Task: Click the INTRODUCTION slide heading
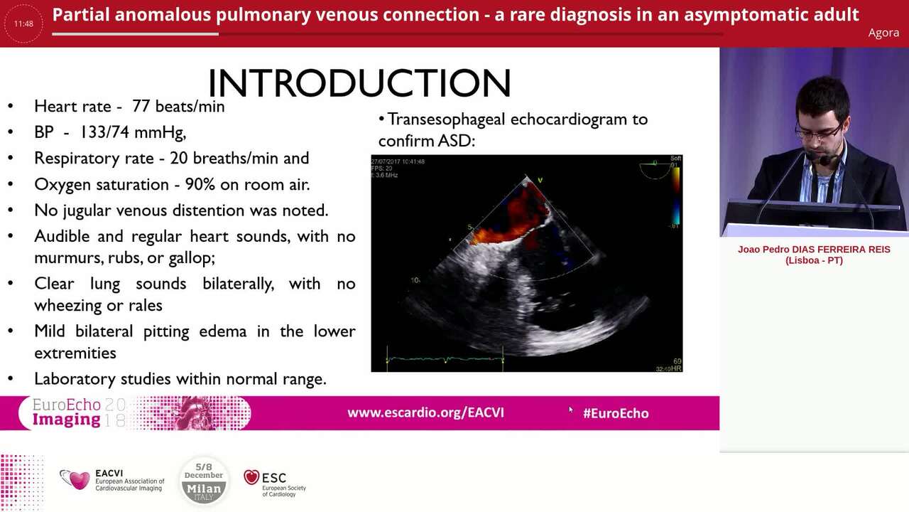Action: (359, 84)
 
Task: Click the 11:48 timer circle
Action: (23, 23)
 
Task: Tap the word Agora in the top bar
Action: (883, 33)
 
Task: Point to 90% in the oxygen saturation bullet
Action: (200, 184)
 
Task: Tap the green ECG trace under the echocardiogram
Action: (444, 360)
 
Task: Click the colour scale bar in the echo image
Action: (675, 192)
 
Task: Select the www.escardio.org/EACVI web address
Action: (425, 412)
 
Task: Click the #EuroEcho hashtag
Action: (615, 412)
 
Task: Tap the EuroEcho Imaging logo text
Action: (67, 412)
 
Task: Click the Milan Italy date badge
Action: (204, 481)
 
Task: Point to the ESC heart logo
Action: (251, 477)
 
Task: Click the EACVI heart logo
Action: (75, 479)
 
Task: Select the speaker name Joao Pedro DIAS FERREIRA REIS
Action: (814, 250)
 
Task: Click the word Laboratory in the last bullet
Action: (70, 379)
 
